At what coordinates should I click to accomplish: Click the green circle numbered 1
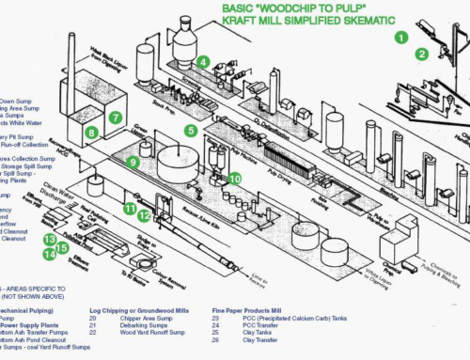tap(400, 39)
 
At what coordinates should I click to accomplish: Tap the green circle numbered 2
tap(422, 54)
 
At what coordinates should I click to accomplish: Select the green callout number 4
tap(203, 62)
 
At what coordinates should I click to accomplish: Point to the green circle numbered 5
tap(191, 131)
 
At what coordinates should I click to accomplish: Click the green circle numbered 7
tap(114, 117)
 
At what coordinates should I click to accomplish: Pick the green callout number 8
tap(92, 133)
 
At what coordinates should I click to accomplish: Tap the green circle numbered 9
tap(133, 163)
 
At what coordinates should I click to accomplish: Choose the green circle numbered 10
tap(235, 178)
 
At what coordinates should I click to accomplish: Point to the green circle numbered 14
tap(48, 255)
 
